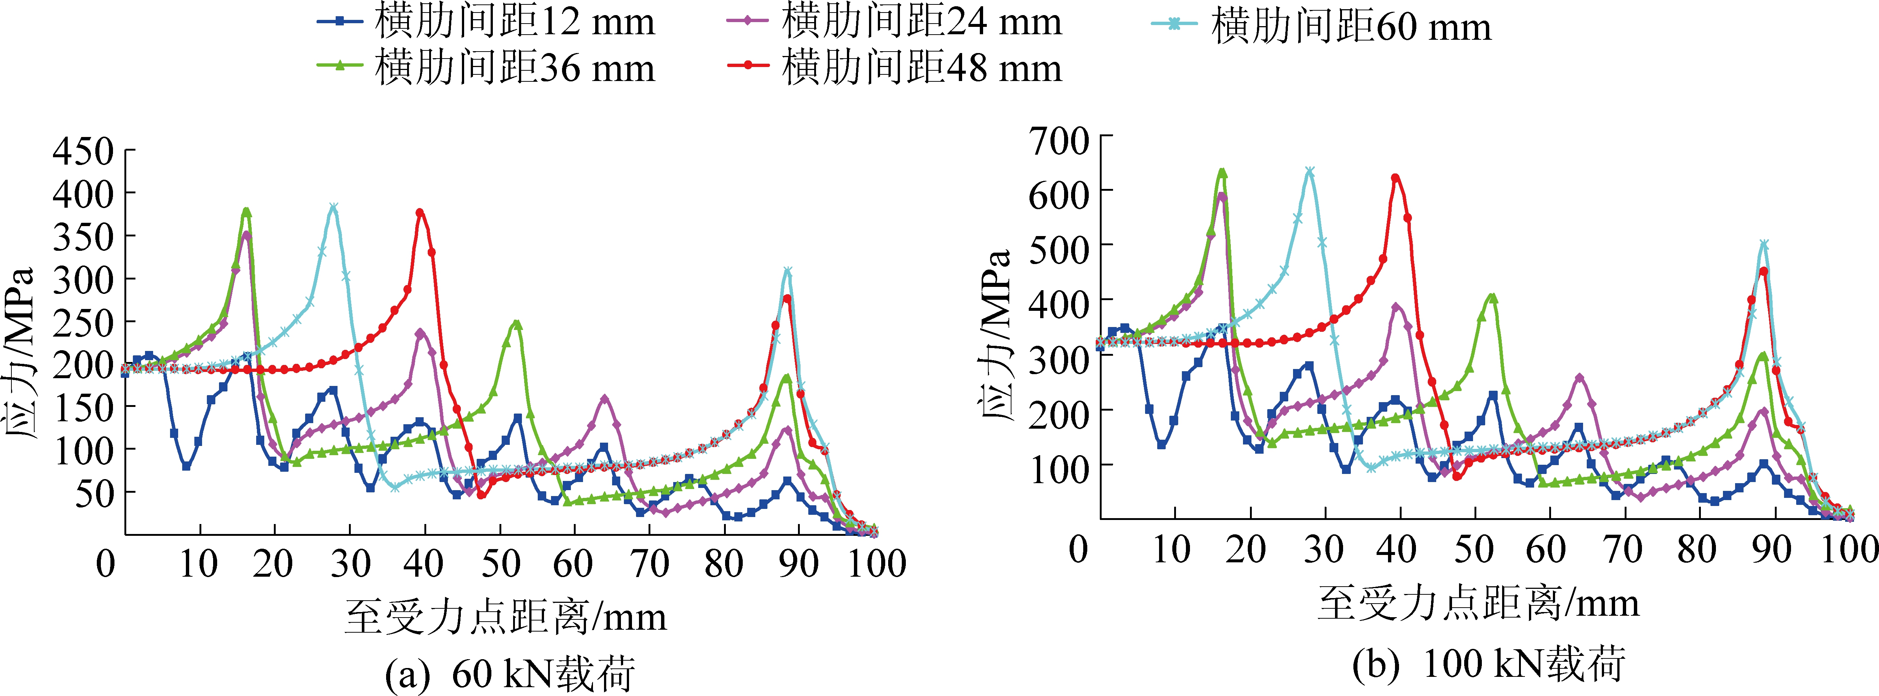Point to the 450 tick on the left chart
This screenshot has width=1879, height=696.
[x=83, y=152]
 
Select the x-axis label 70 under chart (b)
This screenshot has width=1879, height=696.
[x=1624, y=549]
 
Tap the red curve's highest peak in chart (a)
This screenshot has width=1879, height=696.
[x=420, y=213]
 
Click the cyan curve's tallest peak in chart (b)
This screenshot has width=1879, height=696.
[x=1309, y=172]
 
